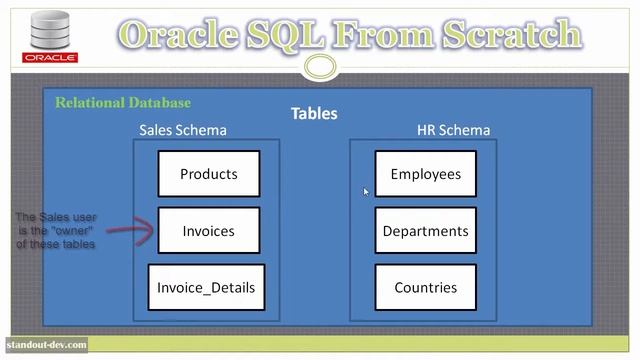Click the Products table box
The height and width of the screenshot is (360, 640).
click(208, 174)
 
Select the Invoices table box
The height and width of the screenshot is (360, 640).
click(208, 231)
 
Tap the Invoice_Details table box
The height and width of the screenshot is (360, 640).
click(206, 288)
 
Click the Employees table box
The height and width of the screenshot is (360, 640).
click(425, 174)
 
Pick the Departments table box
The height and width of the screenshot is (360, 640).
click(425, 231)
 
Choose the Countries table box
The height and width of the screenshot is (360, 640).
click(425, 288)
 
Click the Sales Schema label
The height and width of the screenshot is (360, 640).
click(182, 130)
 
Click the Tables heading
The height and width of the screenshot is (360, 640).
click(314, 114)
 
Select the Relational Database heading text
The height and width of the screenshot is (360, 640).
click(122, 102)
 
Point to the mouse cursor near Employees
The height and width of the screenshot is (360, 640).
click(366, 192)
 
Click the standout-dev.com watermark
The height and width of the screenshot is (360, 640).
click(46, 345)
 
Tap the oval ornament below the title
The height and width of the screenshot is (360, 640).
click(320, 67)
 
